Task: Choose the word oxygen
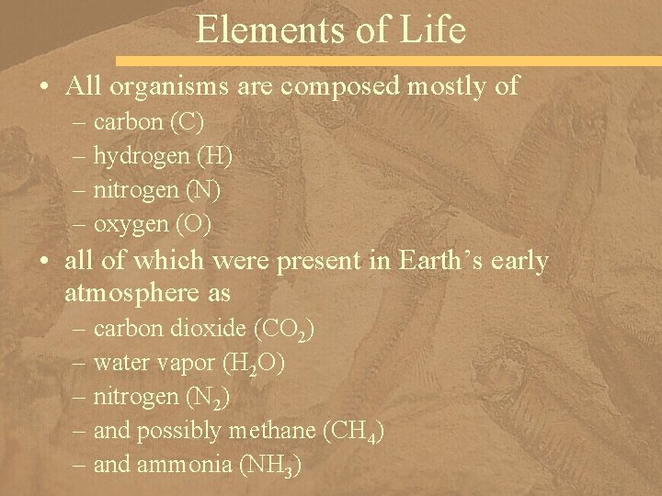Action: click(130, 224)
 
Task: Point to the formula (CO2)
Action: click(286, 330)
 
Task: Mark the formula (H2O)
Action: click(254, 364)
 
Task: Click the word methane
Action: click(272, 431)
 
